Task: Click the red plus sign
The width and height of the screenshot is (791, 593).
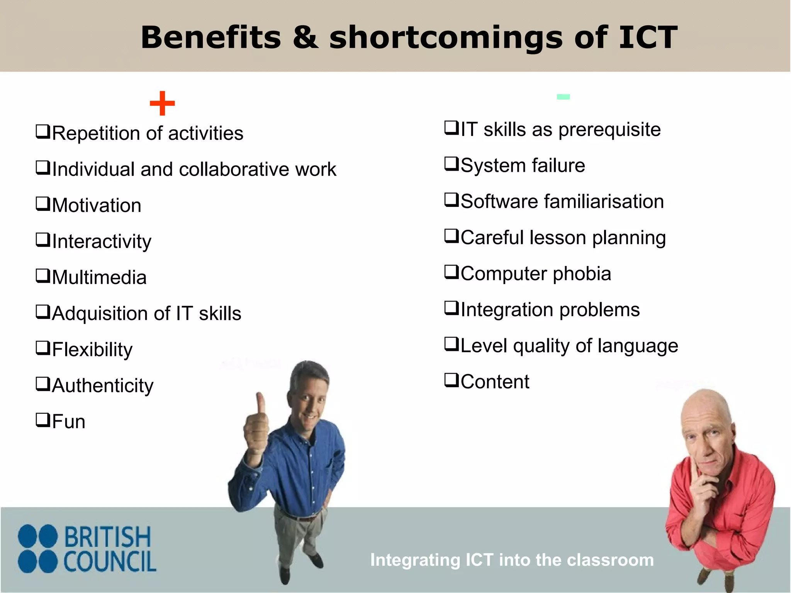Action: click(x=162, y=103)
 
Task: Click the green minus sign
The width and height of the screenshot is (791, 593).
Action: click(x=563, y=97)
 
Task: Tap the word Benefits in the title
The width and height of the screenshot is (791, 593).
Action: click(x=211, y=37)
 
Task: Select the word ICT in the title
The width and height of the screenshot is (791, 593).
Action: click(x=648, y=37)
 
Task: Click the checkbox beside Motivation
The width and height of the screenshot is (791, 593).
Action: click(x=42, y=203)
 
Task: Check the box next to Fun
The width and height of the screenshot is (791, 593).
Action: click(x=42, y=420)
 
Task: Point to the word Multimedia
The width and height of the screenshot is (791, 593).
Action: click(x=99, y=278)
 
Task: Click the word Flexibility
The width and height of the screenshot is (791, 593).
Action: click(x=92, y=350)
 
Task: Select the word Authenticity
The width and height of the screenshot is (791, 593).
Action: click(x=103, y=386)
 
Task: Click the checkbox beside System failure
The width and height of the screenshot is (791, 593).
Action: click(x=451, y=164)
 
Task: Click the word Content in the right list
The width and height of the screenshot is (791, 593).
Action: click(x=495, y=382)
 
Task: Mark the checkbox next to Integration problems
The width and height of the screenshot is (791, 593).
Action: click(x=451, y=308)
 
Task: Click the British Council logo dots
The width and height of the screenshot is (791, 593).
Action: click(x=38, y=549)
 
